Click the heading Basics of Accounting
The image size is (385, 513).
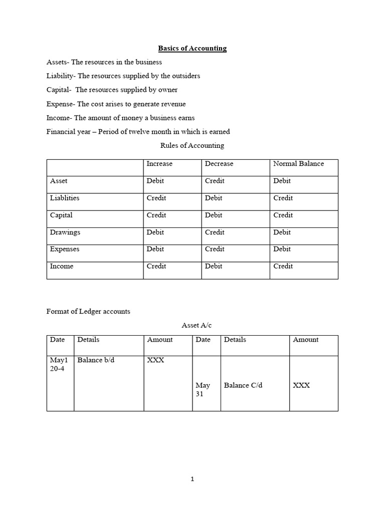click(192, 49)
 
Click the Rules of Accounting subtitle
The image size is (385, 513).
click(192, 146)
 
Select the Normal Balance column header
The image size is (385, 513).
click(298, 164)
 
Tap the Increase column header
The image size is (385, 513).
click(159, 164)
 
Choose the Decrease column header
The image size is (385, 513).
click(219, 164)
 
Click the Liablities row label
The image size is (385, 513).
click(65, 198)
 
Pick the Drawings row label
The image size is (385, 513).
click(65, 232)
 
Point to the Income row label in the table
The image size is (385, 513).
click(62, 266)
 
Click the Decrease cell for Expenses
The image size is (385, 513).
click(215, 249)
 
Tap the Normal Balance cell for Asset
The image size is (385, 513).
click(282, 181)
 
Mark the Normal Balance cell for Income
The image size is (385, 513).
click(283, 266)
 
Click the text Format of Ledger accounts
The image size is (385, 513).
click(88, 311)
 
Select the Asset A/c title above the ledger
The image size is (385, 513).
click(197, 326)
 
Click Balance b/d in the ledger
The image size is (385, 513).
click(96, 360)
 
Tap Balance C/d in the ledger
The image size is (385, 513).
click(243, 385)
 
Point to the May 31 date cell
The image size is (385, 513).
click(203, 390)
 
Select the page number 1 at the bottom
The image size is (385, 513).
click(192, 479)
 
